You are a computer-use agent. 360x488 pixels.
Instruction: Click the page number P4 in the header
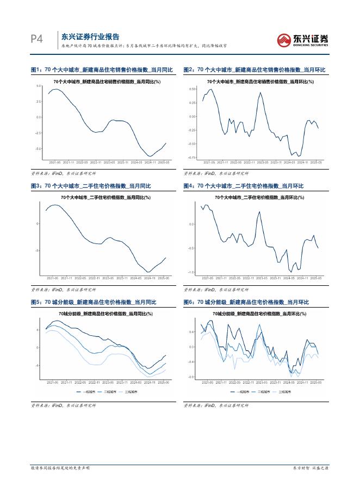click(x=36, y=39)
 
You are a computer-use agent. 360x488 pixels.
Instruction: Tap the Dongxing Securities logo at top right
click(x=303, y=39)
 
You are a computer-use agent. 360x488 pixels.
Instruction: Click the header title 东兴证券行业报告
click(x=90, y=37)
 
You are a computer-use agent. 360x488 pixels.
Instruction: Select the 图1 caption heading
click(x=102, y=70)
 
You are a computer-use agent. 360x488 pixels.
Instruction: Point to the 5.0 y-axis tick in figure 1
click(x=39, y=86)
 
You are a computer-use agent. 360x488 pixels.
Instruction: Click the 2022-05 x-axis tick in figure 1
click(x=82, y=162)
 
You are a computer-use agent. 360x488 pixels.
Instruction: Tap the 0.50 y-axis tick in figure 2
click(x=193, y=89)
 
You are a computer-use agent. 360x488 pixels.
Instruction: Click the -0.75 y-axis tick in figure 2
click(x=192, y=158)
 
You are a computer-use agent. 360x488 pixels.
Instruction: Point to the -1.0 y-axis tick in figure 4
click(x=191, y=272)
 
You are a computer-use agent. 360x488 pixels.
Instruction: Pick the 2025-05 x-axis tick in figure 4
click(x=316, y=277)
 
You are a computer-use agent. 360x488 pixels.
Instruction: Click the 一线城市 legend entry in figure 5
click(x=86, y=391)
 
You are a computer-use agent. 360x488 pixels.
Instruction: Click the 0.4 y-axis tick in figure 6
click(x=191, y=331)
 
